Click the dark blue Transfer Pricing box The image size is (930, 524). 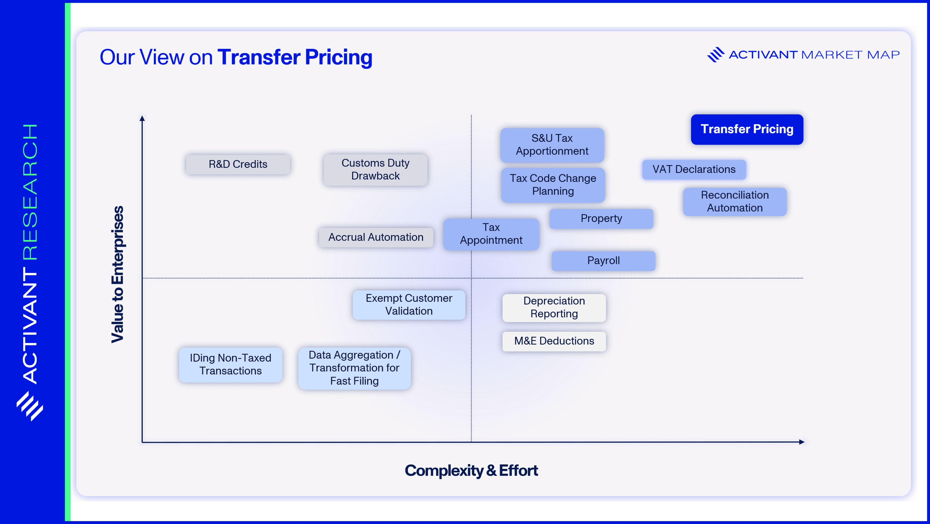pos(747,129)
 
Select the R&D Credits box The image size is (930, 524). pos(238,164)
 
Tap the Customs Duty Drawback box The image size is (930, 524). pos(375,170)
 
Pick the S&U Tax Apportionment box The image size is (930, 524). pos(552,145)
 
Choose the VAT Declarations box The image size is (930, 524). pos(694,169)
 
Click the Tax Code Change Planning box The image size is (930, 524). pos(553,185)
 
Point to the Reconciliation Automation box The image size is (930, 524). pos(735,201)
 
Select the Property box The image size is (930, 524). pos(601,218)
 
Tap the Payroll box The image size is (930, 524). pos(603,261)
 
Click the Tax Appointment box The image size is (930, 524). pos(491,234)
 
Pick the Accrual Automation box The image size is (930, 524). pos(376,237)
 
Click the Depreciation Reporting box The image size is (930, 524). pos(554,307)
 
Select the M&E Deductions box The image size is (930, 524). pos(554,341)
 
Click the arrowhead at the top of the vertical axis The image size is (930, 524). pos(142,118)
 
